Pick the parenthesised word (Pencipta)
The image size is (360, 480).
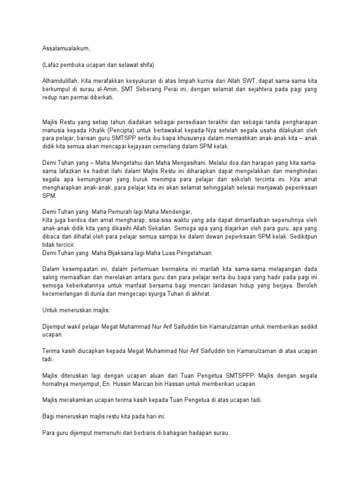pos(135,130)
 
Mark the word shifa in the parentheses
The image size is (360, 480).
pos(152,64)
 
